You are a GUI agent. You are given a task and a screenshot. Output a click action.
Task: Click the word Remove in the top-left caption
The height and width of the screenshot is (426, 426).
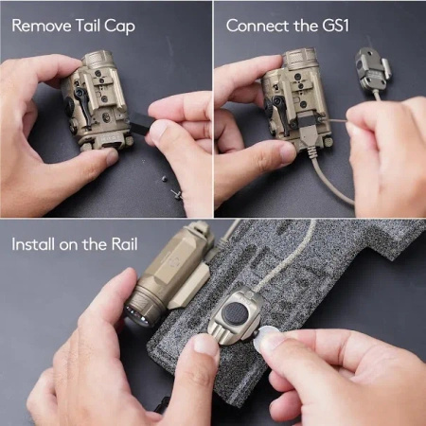tap(42, 26)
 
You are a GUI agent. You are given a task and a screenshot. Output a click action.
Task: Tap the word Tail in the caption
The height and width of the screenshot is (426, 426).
tap(88, 25)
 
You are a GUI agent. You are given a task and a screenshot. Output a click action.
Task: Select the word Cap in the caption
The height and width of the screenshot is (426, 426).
tap(120, 27)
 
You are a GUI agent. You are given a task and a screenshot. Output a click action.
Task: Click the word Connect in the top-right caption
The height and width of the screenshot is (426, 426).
tap(257, 26)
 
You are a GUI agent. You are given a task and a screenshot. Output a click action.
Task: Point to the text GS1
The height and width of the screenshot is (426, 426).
tap(336, 26)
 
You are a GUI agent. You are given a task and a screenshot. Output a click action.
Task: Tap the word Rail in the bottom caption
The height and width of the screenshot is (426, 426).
tap(125, 244)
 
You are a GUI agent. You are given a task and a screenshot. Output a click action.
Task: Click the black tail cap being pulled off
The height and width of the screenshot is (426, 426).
tap(140, 125)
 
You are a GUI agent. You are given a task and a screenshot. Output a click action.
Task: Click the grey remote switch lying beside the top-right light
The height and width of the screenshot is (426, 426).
tap(372, 68)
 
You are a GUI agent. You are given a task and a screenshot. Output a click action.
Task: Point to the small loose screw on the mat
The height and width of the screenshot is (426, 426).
tap(177, 193)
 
